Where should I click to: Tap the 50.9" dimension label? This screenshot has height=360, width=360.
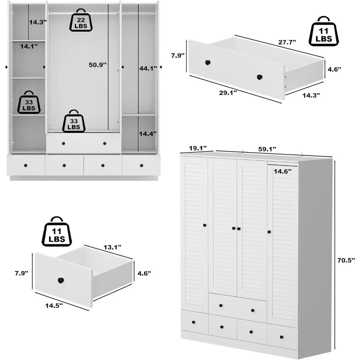(98, 65)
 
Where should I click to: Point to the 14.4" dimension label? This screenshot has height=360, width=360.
(148, 134)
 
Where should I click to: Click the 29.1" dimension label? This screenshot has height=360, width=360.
(228, 93)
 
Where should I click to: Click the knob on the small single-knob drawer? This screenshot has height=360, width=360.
(60, 280)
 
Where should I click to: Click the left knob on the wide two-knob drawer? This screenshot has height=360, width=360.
(207, 63)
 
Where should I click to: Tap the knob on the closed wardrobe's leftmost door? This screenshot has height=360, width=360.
(204, 225)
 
